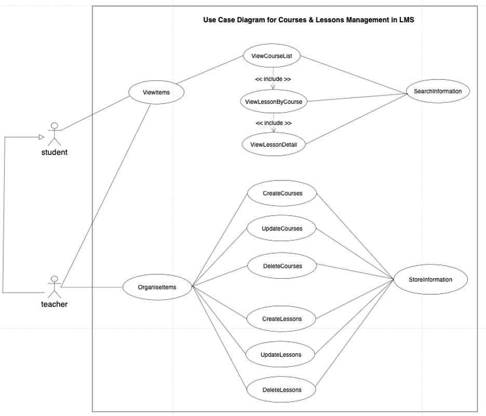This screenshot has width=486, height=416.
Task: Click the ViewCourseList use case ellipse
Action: point(272,56)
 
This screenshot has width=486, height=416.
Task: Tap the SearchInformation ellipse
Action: point(438,91)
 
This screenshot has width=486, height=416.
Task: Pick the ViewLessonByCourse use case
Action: point(273,102)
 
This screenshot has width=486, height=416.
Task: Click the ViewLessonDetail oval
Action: point(274,144)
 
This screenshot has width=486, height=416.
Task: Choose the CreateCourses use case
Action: point(282,193)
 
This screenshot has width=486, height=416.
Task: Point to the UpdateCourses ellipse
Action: point(282,228)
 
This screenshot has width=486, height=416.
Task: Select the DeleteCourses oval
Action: point(282,266)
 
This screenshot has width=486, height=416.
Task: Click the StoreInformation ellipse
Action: point(430,280)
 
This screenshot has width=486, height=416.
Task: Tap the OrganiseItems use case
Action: point(157,286)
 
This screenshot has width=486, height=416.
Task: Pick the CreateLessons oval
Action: point(282,318)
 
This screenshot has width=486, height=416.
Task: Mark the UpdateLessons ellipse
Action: point(280,355)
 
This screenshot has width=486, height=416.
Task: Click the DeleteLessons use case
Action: point(281,390)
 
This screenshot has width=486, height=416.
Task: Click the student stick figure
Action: point(54,134)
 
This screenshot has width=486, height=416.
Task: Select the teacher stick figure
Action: point(54,286)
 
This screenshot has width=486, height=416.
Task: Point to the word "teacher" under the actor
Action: point(54,304)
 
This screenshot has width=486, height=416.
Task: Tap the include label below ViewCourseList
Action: point(273,79)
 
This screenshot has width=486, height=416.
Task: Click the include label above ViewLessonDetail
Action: point(273,123)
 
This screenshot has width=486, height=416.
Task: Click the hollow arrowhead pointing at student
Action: point(41,137)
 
